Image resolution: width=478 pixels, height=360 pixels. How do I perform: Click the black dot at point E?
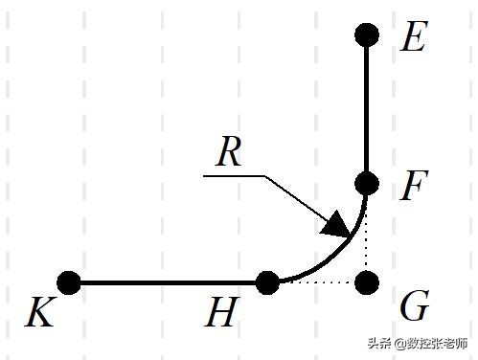pos(367,35)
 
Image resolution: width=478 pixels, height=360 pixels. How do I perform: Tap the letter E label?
pos(413,38)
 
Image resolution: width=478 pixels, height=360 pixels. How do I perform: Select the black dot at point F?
pos(367,182)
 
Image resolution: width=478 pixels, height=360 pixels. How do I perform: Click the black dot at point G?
pos(367,282)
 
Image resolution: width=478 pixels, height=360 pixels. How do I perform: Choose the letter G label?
pos(414,308)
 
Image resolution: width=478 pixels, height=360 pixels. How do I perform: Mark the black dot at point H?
pos(268,282)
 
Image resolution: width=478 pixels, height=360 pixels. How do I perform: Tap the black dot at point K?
pos(68,282)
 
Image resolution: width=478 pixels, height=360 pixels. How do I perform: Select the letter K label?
pos(39,313)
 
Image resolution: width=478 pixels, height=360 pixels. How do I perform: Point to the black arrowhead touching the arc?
pos(336,224)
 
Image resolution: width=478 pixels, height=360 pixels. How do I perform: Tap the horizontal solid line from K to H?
pos(168,282)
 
